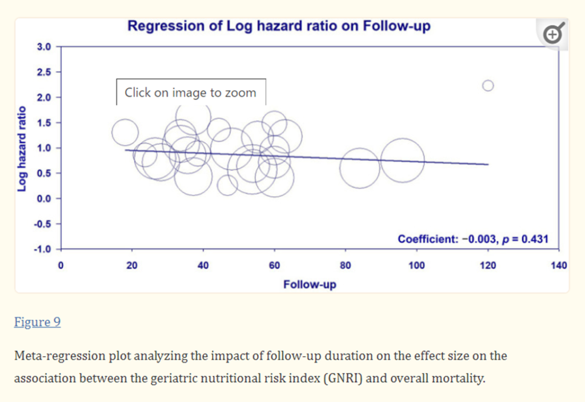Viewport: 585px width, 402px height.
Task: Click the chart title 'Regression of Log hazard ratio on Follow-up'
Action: coord(278,26)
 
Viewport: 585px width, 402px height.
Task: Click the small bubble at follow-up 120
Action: coord(487,85)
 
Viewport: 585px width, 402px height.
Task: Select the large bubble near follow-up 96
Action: coord(403,160)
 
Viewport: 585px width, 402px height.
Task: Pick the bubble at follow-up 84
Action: coord(360,168)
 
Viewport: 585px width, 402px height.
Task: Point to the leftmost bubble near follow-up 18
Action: coord(125,132)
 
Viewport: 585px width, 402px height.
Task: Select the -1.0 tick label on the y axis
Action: coord(43,249)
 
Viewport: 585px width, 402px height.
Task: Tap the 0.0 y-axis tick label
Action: coord(45,198)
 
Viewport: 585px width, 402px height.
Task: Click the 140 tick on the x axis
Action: coord(559,265)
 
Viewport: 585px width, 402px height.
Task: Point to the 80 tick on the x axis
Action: coord(345,265)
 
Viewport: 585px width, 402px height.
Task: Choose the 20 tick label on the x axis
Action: coord(132,265)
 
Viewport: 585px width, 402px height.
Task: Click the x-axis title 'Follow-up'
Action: coord(310,285)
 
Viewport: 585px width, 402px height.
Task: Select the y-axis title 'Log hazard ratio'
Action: coord(22,148)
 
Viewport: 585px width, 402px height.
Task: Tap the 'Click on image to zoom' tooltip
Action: coord(191,92)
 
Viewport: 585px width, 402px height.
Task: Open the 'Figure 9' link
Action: coord(37,323)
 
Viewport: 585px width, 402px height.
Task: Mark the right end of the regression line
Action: coord(488,164)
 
